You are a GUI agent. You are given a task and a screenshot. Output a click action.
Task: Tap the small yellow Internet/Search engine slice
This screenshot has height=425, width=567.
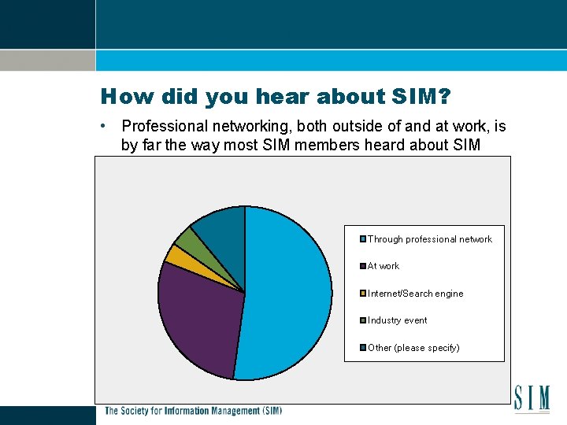click(x=176, y=254)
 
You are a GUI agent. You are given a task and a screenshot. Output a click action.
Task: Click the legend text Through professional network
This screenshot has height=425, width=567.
click(x=430, y=239)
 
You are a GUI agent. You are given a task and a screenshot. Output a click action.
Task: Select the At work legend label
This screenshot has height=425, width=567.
click(x=384, y=266)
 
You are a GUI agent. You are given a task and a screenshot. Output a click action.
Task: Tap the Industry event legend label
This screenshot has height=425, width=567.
click(x=398, y=320)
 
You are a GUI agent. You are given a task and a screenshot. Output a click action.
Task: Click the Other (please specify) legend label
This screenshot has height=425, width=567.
click(x=413, y=348)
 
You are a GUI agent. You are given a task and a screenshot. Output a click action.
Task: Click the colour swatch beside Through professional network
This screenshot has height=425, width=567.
click(x=363, y=239)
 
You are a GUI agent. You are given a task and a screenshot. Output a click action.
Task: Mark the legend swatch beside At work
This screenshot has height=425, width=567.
click(x=363, y=266)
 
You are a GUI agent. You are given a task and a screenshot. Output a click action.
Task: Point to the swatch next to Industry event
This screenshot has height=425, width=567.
click(x=363, y=320)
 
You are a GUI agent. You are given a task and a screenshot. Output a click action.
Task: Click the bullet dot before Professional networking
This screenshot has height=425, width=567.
click(x=103, y=126)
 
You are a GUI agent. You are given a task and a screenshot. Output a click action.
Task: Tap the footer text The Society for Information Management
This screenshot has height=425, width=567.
click(x=193, y=411)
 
